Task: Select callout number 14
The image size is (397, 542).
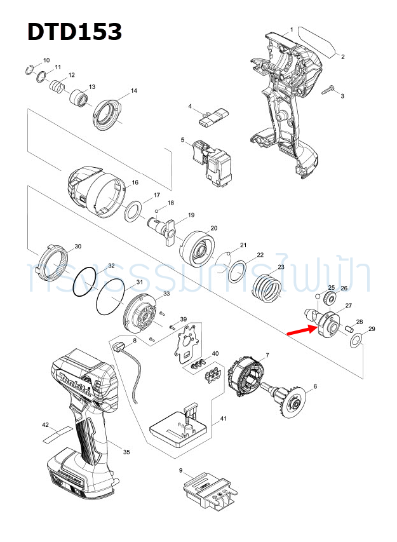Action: (x=133, y=91)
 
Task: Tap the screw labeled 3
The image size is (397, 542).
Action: (x=329, y=90)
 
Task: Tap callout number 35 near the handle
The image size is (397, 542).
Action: (x=126, y=452)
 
